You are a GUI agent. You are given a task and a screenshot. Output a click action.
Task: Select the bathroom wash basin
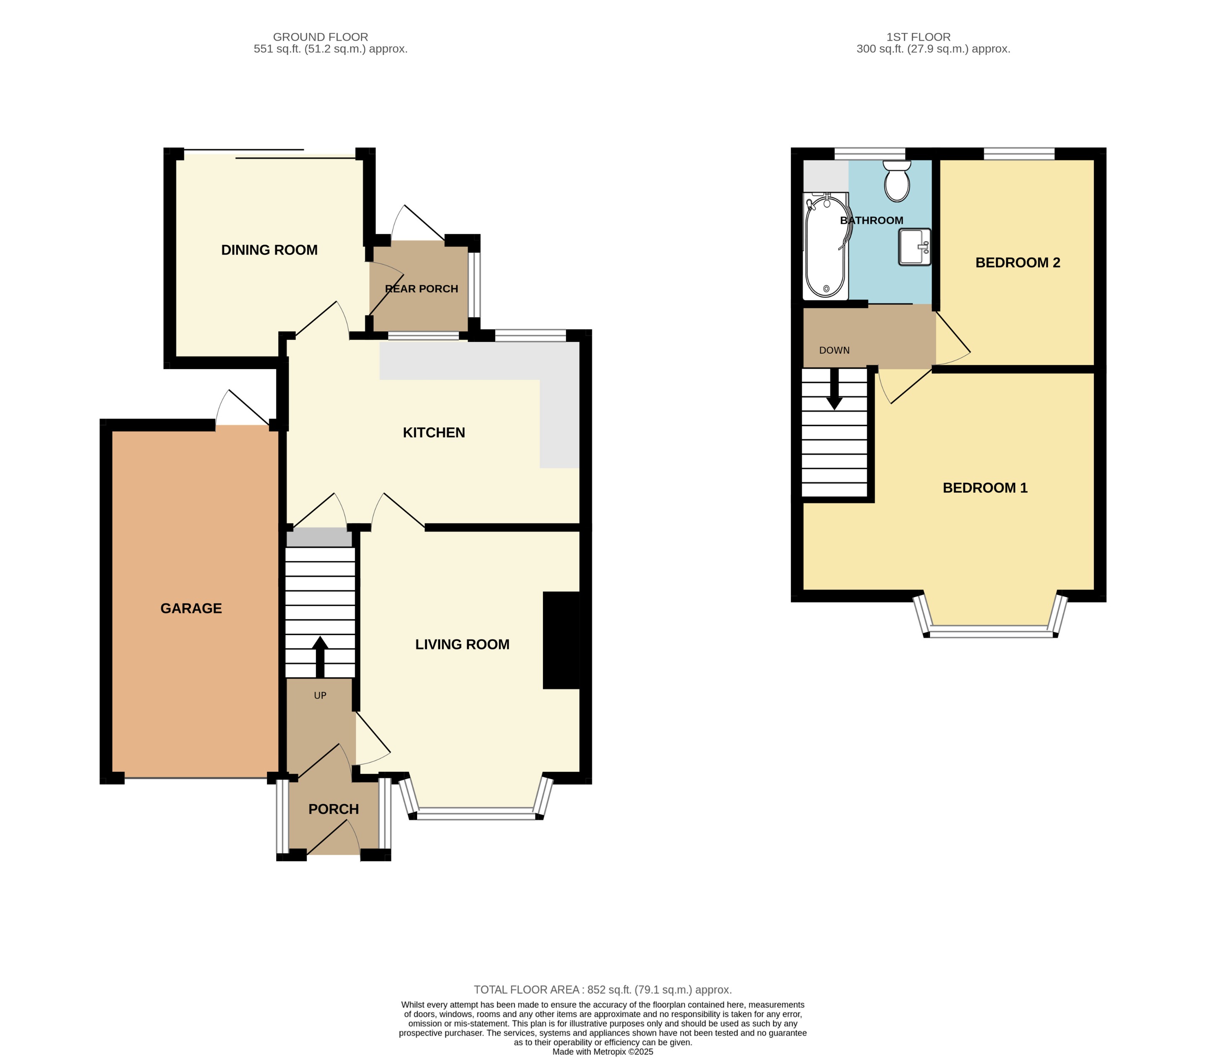coord(914,247)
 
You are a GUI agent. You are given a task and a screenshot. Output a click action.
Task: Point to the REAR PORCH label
coord(421,289)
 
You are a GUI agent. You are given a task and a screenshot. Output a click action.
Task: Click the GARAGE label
coord(191,608)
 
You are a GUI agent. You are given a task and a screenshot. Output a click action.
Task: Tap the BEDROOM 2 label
coord(1018,263)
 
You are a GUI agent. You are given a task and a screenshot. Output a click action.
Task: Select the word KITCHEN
coord(433,433)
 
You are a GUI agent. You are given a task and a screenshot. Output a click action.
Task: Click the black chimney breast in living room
coord(561,640)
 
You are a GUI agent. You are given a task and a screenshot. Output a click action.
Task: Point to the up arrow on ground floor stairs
coord(320,656)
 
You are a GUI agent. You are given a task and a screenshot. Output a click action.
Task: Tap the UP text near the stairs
coord(320,695)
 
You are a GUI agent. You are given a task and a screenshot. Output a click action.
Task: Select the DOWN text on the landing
coord(834,350)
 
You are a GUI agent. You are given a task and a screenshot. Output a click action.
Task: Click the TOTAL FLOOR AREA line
coord(603,990)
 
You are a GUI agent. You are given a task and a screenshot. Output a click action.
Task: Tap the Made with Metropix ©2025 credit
coord(603,1052)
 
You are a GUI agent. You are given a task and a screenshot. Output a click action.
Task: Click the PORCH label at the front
coord(333,809)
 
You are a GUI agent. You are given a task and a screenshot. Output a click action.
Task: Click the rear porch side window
coord(474,285)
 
